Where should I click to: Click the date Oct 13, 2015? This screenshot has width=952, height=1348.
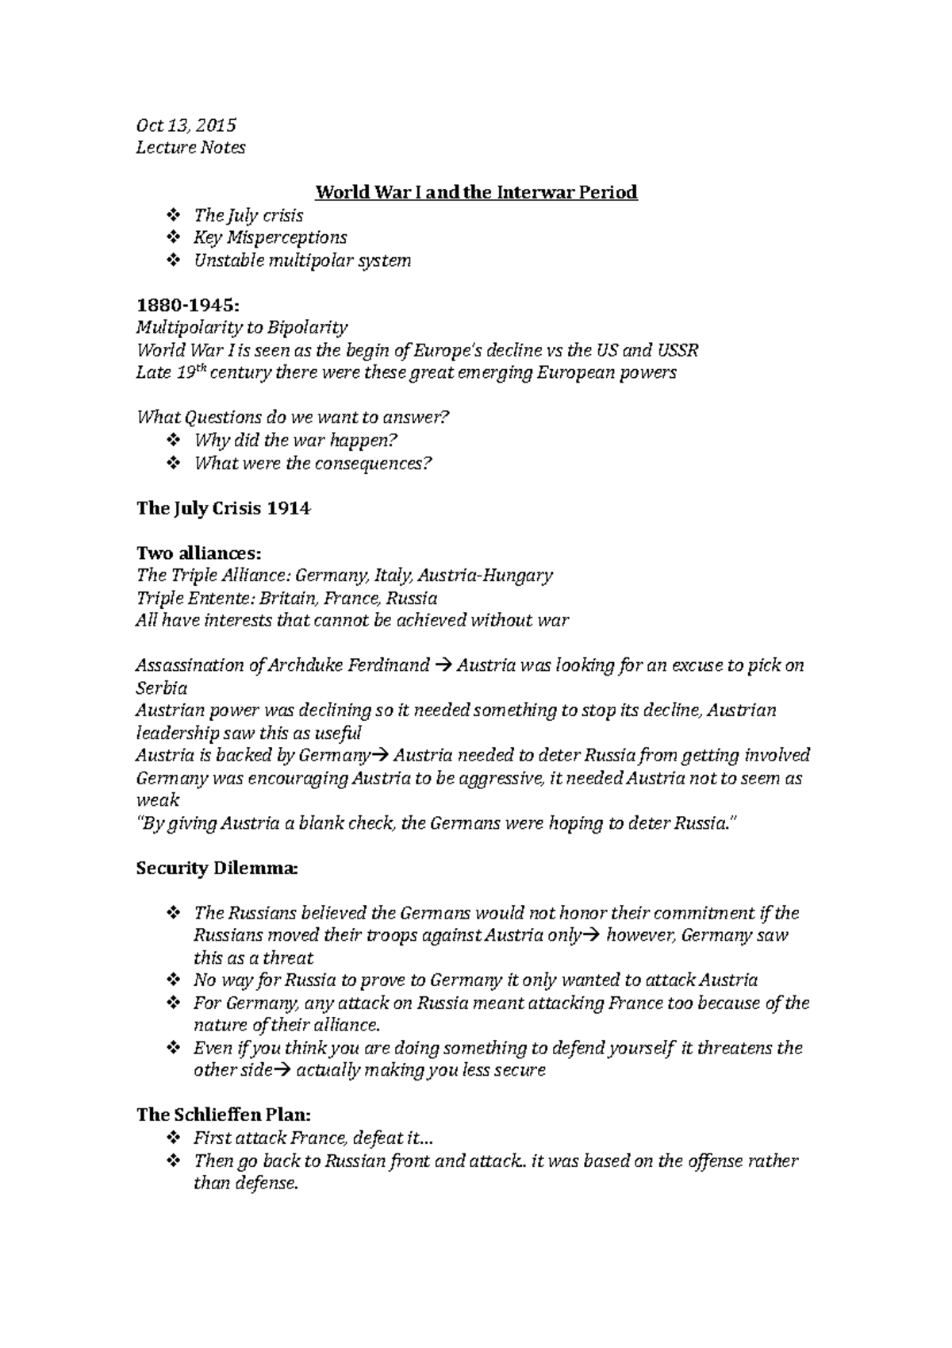pyautogui.click(x=186, y=125)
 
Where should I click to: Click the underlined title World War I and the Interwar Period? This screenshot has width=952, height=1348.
pyautogui.click(x=476, y=193)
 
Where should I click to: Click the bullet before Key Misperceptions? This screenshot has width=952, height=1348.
pyautogui.click(x=175, y=238)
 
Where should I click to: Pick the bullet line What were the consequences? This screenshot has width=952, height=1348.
pyautogui.click(x=313, y=464)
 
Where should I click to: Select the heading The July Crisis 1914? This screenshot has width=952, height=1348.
pyautogui.click(x=223, y=509)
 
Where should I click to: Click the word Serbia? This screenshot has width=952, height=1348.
pyautogui.click(x=162, y=688)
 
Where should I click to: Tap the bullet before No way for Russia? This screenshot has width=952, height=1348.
pyautogui.click(x=175, y=981)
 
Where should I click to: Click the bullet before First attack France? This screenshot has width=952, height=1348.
pyautogui.click(x=175, y=1138)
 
